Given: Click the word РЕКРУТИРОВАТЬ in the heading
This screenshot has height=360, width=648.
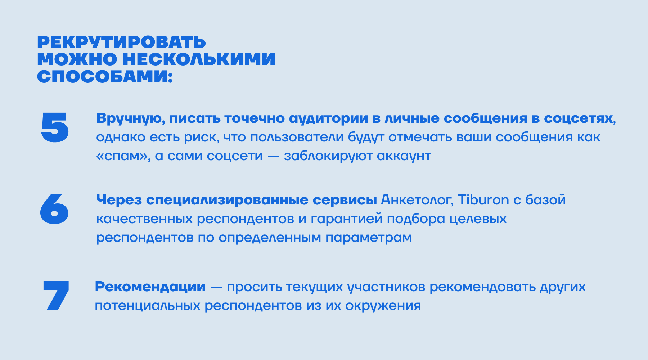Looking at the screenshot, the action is (121, 42).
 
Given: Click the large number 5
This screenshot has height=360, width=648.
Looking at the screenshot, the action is (55, 127).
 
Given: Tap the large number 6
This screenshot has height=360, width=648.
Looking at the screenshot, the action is (54, 209).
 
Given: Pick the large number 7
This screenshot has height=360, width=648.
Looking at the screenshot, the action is (56, 296).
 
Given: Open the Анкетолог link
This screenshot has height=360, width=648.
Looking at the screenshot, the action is (415, 200).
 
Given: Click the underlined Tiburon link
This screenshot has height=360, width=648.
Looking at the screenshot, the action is (483, 200).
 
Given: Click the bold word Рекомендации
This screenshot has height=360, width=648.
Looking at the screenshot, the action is (150, 287).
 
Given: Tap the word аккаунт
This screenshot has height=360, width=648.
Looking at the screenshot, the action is (404, 156).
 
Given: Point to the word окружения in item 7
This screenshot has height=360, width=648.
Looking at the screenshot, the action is (383, 306).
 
